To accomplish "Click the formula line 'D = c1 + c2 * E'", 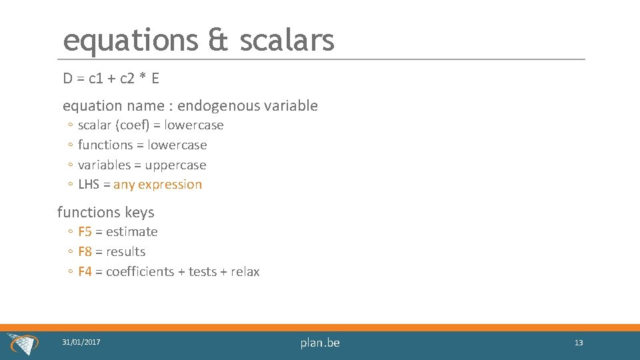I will (111, 79).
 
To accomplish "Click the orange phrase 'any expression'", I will (157, 185).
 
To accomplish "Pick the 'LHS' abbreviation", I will (89, 185).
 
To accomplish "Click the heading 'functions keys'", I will (105, 213).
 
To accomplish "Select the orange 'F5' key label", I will (85, 232).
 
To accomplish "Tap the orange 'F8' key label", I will (85, 252).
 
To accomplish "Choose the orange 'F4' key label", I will (85, 272).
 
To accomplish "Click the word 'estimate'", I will (131, 232).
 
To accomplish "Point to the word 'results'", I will (125, 252).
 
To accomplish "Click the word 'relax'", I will (245, 272).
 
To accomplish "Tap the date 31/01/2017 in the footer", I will (81, 342).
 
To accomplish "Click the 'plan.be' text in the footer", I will (320, 343).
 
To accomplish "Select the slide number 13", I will (578, 343).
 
